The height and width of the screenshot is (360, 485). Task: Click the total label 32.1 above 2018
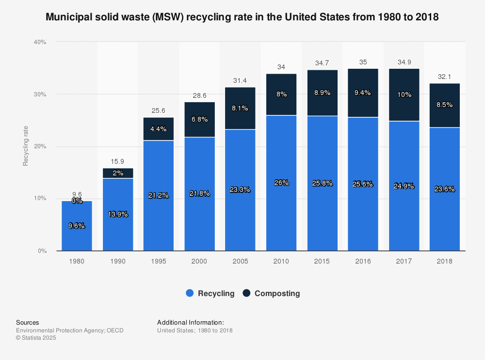pyautogui.click(x=444, y=77)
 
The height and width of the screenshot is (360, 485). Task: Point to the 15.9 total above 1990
pyautogui.click(x=117, y=161)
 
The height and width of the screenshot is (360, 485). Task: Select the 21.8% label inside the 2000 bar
pyautogui.click(x=199, y=193)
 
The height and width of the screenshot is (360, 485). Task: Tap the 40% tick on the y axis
pyautogui.click(x=40, y=42)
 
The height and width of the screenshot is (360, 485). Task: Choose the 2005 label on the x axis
pyautogui.click(x=240, y=261)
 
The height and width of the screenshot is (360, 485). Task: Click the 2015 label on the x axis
pyautogui.click(x=322, y=261)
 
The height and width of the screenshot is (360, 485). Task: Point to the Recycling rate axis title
pyautogui.click(x=26, y=146)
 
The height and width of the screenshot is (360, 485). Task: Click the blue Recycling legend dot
pyautogui.click(x=190, y=293)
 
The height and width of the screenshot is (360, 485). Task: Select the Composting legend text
pyautogui.click(x=277, y=293)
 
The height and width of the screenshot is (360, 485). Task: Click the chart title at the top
pyautogui.click(x=242, y=17)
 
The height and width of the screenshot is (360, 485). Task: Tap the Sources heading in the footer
pyautogui.click(x=28, y=322)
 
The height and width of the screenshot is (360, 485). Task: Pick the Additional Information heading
pyautogui.click(x=190, y=322)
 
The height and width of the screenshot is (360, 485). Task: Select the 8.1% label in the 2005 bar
pyautogui.click(x=240, y=109)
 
